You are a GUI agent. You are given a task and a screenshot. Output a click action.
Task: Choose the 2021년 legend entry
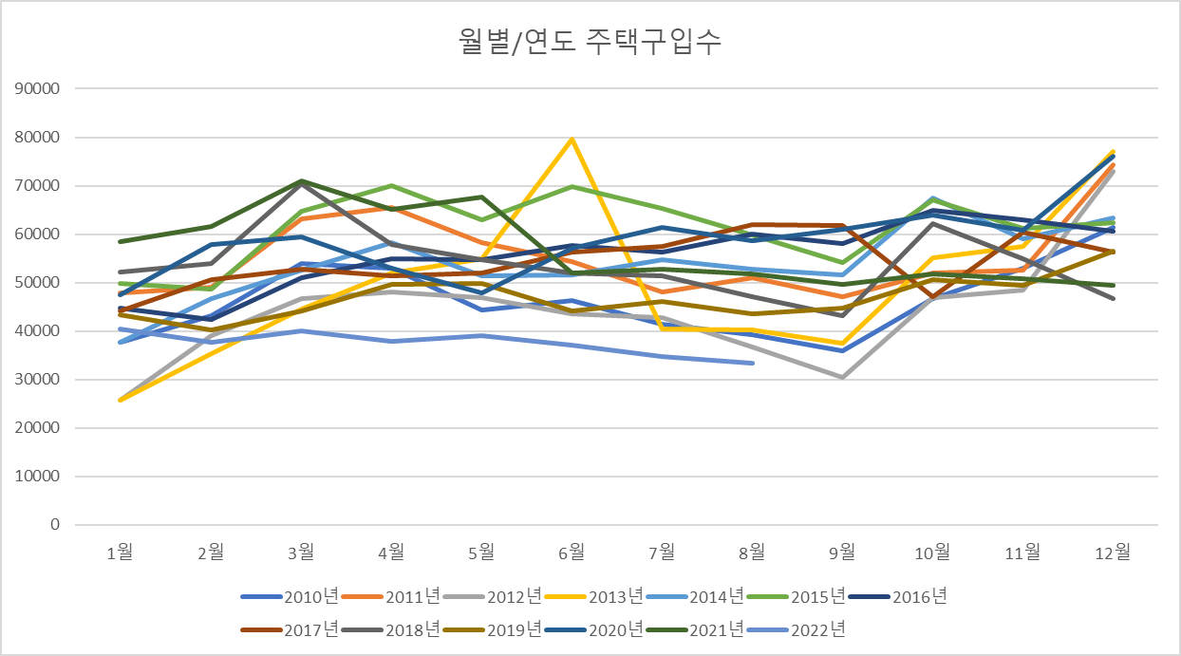point(694,628)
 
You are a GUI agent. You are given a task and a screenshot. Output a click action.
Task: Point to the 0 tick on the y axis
point(55,525)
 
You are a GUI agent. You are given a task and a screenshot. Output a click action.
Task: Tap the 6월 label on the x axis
point(572,552)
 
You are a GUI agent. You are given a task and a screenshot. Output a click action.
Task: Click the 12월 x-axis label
point(1113,552)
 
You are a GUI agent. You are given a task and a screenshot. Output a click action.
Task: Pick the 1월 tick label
point(120,552)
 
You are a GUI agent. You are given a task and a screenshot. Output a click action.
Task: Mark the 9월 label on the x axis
point(842,552)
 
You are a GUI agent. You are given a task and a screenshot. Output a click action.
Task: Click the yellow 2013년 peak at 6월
point(572,140)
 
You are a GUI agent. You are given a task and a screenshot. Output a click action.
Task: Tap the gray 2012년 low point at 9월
point(842,377)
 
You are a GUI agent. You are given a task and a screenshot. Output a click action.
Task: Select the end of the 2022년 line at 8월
point(752,363)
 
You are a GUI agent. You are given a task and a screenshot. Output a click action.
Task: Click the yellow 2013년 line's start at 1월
point(120,400)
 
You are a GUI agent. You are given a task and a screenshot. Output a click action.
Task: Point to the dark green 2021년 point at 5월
point(481,197)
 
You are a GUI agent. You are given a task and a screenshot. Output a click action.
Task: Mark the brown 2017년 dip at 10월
point(932,297)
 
